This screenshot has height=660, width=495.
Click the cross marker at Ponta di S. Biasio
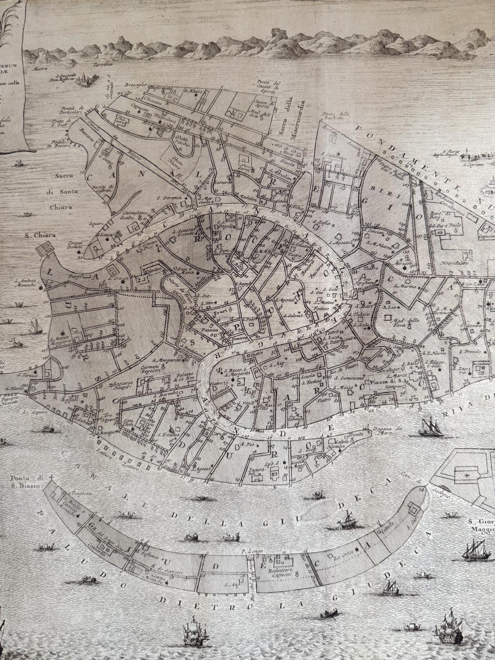[51, 478]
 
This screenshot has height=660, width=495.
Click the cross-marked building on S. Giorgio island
[467, 476]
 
